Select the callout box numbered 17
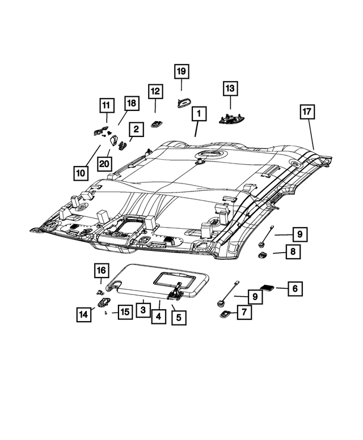pos(306,113)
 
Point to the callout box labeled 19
pos(181,71)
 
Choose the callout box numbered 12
pos(155,91)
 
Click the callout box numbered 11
pos(106,105)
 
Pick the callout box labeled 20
pos(104,163)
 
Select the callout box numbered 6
pos(294,289)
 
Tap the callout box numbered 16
pos(100,272)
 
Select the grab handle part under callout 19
pos(183,102)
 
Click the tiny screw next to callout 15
pos(106,315)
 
